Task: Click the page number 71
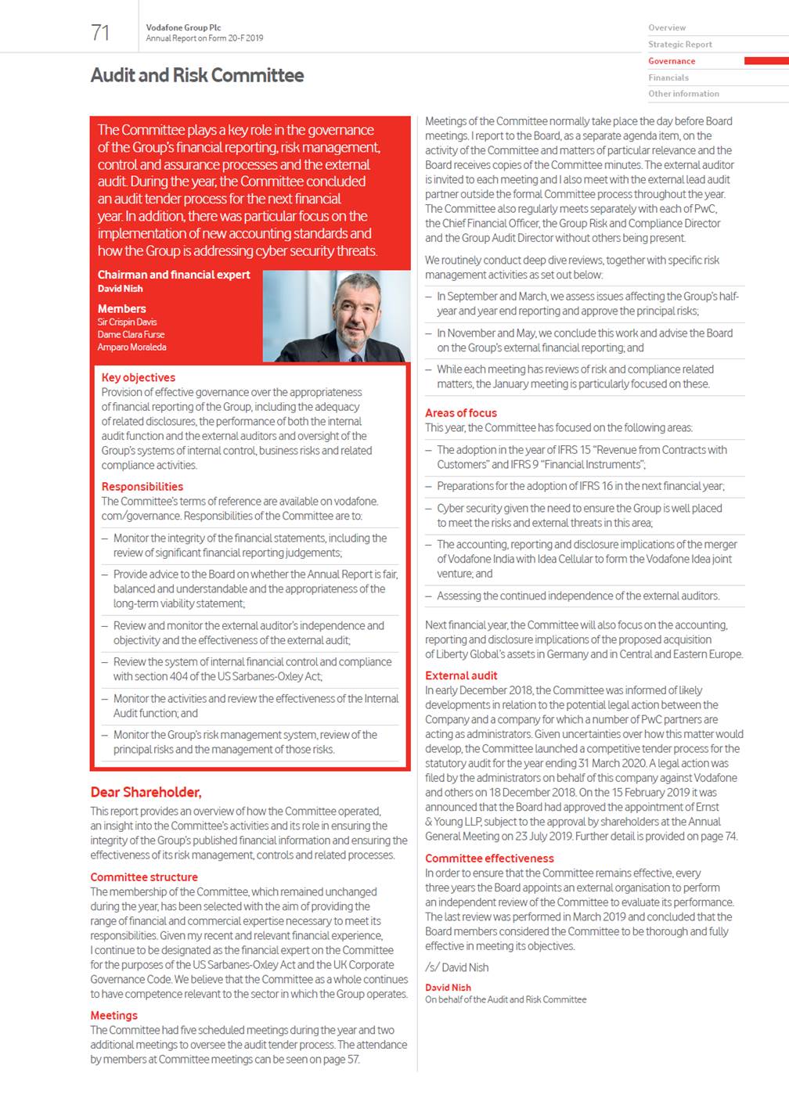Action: coord(100,32)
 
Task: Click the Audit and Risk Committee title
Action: coord(197,76)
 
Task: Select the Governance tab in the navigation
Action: coord(671,61)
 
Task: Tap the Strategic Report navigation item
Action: coord(679,45)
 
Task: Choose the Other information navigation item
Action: coord(683,94)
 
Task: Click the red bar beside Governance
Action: coord(766,61)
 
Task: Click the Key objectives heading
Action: coord(138,377)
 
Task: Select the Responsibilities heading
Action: coord(142,486)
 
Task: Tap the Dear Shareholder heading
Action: coord(146,792)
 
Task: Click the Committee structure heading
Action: coord(143,877)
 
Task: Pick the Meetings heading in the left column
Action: coord(113,1015)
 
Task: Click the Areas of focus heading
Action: coord(460,412)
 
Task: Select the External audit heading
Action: coord(460,675)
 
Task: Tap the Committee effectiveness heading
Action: coord(488,859)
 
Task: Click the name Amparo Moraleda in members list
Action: coord(131,347)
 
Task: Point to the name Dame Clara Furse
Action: coord(131,335)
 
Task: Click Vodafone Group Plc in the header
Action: coord(183,27)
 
